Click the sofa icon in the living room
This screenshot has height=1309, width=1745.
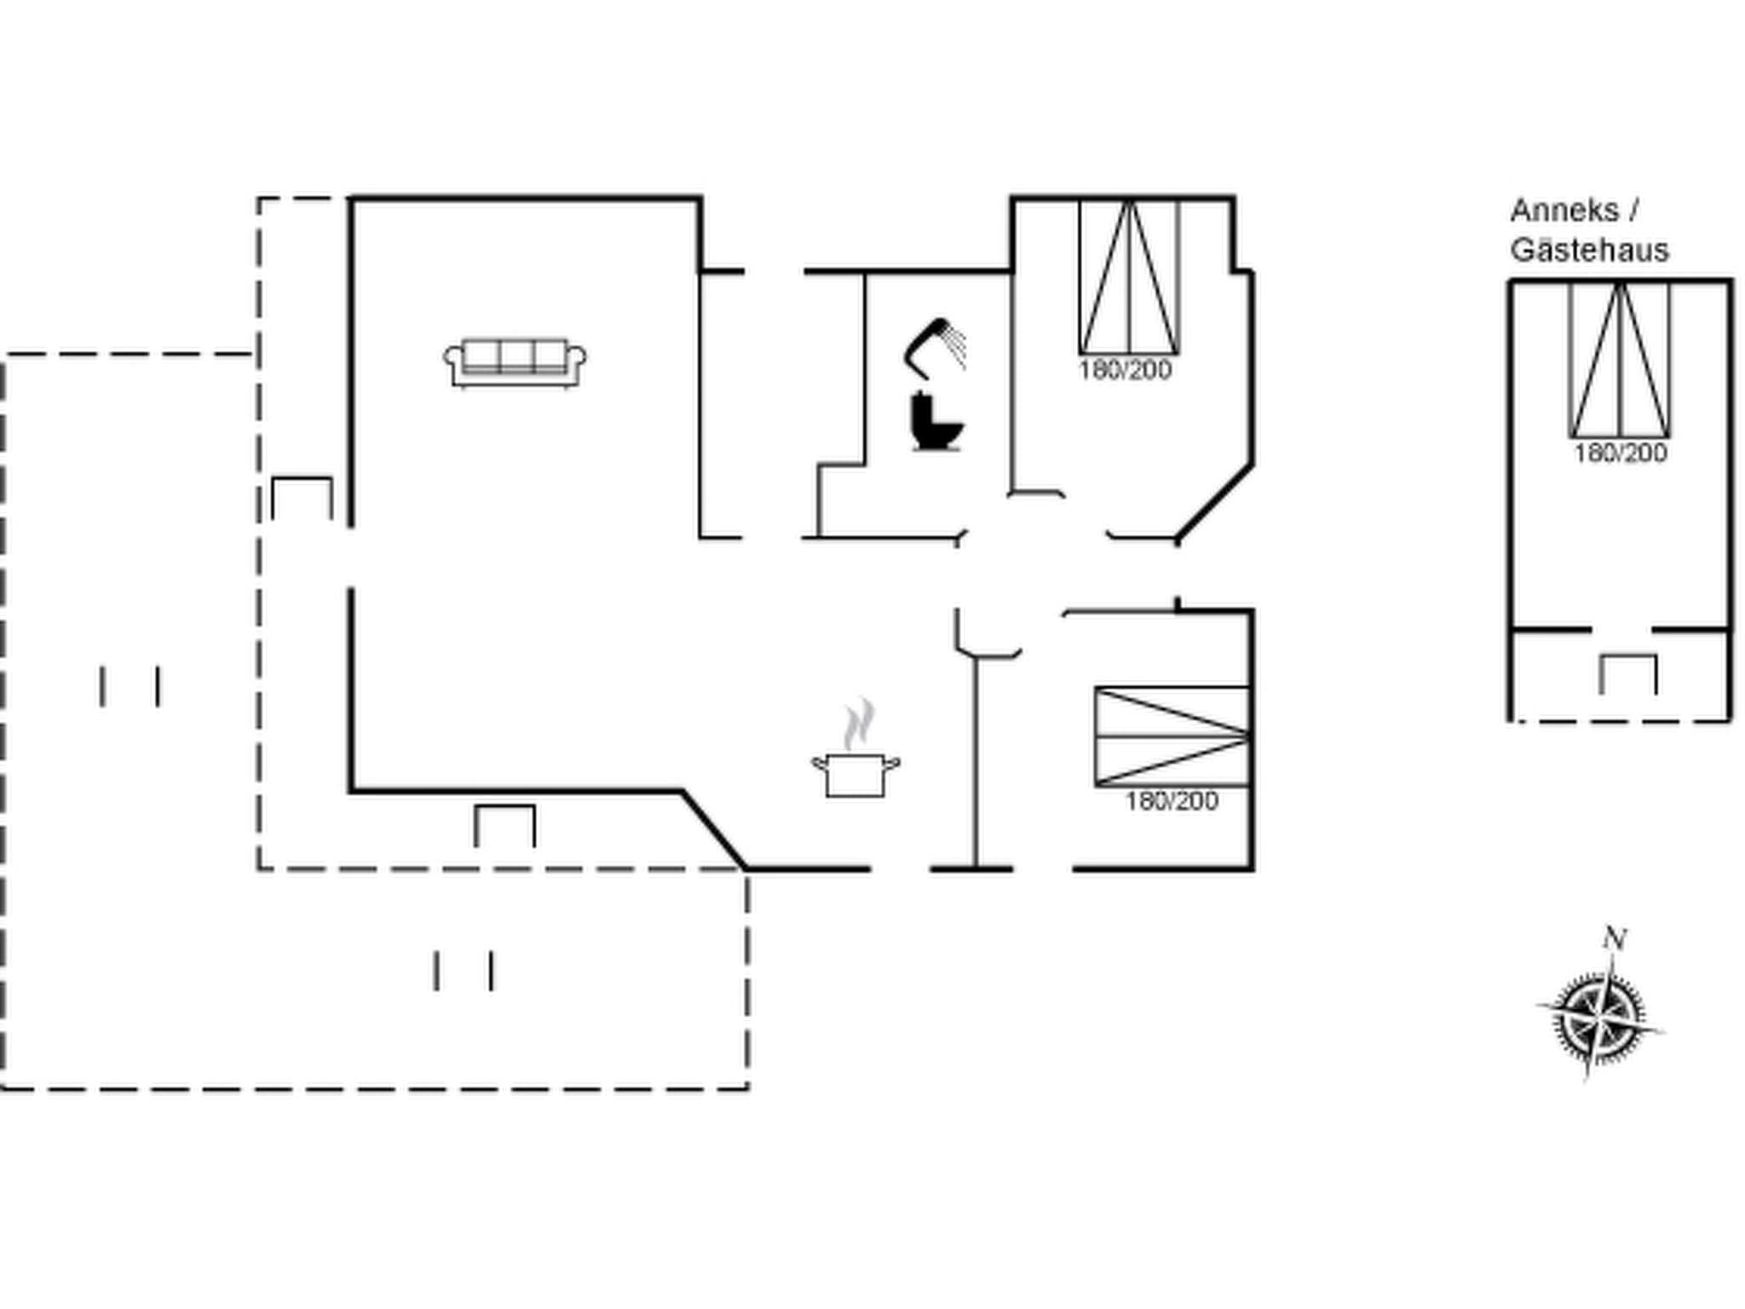click(x=515, y=363)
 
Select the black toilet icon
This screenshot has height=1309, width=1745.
click(x=935, y=421)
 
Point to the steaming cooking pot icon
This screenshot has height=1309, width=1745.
click(x=855, y=772)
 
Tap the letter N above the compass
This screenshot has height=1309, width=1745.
click(x=1614, y=939)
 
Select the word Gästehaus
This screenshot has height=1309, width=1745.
click(x=1589, y=251)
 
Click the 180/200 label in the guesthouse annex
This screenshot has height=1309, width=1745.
click(x=1620, y=453)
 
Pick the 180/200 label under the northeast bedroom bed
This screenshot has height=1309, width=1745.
click(x=1125, y=371)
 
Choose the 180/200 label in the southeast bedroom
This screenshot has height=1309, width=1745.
click(x=1172, y=801)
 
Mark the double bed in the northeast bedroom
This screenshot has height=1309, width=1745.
click(x=1129, y=277)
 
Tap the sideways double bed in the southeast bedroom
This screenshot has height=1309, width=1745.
click(x=1172, y=736)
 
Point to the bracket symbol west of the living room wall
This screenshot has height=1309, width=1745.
click(x=302, y=498)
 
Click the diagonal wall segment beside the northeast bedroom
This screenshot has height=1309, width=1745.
click(x=1215, y=503)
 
